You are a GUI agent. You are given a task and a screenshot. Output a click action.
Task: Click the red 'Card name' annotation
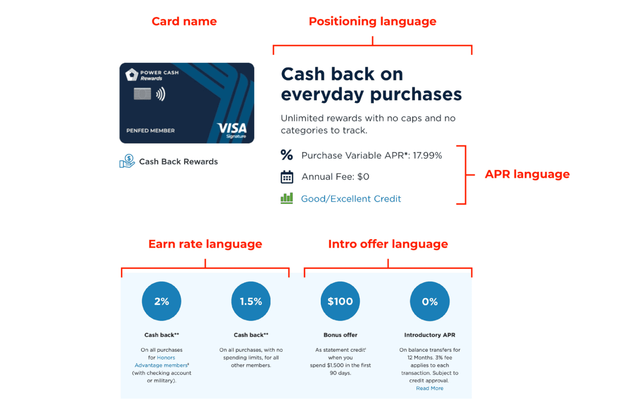coord(184,21)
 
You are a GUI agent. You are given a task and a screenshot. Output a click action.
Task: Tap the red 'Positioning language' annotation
coord(372,21)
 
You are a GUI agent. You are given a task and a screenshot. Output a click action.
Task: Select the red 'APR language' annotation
coord(527,174)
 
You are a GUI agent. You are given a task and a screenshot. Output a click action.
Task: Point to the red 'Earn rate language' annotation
coord(205,244)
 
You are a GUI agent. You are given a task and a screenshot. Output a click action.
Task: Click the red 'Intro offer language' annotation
coord(388,244)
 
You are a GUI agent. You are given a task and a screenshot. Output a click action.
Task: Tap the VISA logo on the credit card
coord(232,130)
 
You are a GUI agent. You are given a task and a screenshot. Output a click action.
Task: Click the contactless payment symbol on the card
coord(161,94)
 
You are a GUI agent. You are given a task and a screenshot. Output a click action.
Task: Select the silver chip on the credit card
coord(142,94)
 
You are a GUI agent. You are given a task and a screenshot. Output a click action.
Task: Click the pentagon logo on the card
coord(132,75)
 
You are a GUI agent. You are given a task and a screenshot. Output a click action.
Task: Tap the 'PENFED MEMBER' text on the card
coord(150,131)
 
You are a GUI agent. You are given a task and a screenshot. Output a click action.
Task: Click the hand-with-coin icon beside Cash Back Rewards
coord(127,161)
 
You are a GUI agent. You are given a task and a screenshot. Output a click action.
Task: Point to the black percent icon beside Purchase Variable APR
coord(287,155)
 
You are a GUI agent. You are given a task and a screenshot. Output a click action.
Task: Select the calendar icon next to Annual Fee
coord(287,177)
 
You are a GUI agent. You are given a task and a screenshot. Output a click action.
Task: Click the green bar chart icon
coord(287,198)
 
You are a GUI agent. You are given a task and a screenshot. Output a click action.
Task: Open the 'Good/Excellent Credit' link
coord(351,199)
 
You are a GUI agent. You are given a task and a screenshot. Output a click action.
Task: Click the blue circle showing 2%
coord(161,301)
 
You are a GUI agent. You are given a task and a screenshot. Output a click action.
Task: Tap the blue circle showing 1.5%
coord(251,301)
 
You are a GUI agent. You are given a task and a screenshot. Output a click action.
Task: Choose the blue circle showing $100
coord(340,301)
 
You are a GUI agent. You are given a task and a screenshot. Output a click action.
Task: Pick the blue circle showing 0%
coord(430,301)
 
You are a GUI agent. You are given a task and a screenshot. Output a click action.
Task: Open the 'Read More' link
coord(429,388)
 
